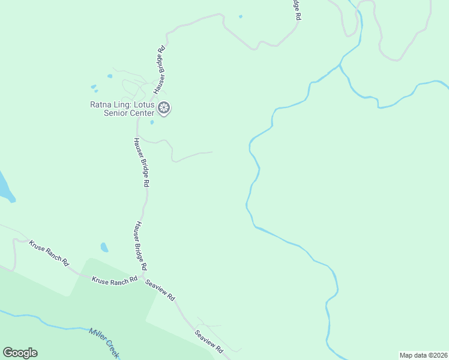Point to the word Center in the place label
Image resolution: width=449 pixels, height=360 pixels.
(142, 113)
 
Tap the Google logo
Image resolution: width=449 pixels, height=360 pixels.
(20, 353)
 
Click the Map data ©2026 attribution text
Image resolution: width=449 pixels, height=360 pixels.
(424, 355)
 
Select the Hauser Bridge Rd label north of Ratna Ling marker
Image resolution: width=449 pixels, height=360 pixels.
(159, 70)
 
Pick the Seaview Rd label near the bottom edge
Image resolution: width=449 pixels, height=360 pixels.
(209, 340)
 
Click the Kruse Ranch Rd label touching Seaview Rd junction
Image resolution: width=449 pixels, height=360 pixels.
(114, 280)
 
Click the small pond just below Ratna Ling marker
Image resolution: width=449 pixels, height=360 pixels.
(152, 122)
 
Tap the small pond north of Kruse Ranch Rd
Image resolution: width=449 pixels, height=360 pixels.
(104, 247)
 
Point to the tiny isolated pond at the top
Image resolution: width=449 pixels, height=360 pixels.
(241, 16)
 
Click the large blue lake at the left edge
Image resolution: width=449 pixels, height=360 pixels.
(4, 188)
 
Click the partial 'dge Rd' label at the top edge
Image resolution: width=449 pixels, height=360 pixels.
(296, 10)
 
